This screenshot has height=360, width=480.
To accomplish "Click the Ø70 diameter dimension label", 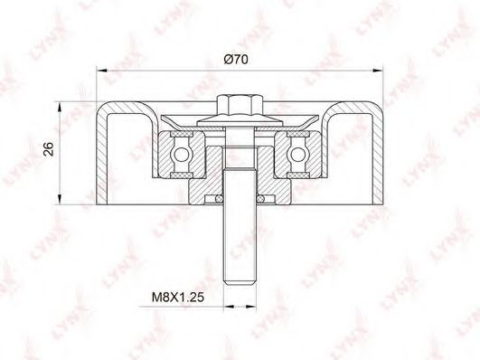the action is pos(235,59).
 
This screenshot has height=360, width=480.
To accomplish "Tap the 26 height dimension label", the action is pos(49,149).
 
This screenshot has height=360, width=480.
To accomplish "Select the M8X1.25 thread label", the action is pos(178,297).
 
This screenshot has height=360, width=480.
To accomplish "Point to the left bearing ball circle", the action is pos(181,154).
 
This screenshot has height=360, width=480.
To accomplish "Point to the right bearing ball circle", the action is pos(298,154).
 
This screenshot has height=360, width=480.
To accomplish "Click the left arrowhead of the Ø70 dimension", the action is pos(101,71).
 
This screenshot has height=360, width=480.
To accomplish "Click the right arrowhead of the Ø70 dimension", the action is pos(378,71).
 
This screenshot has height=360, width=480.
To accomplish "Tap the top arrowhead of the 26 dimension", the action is pos(60,108).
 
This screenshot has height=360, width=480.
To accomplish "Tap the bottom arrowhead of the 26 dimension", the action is pos(60,199).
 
